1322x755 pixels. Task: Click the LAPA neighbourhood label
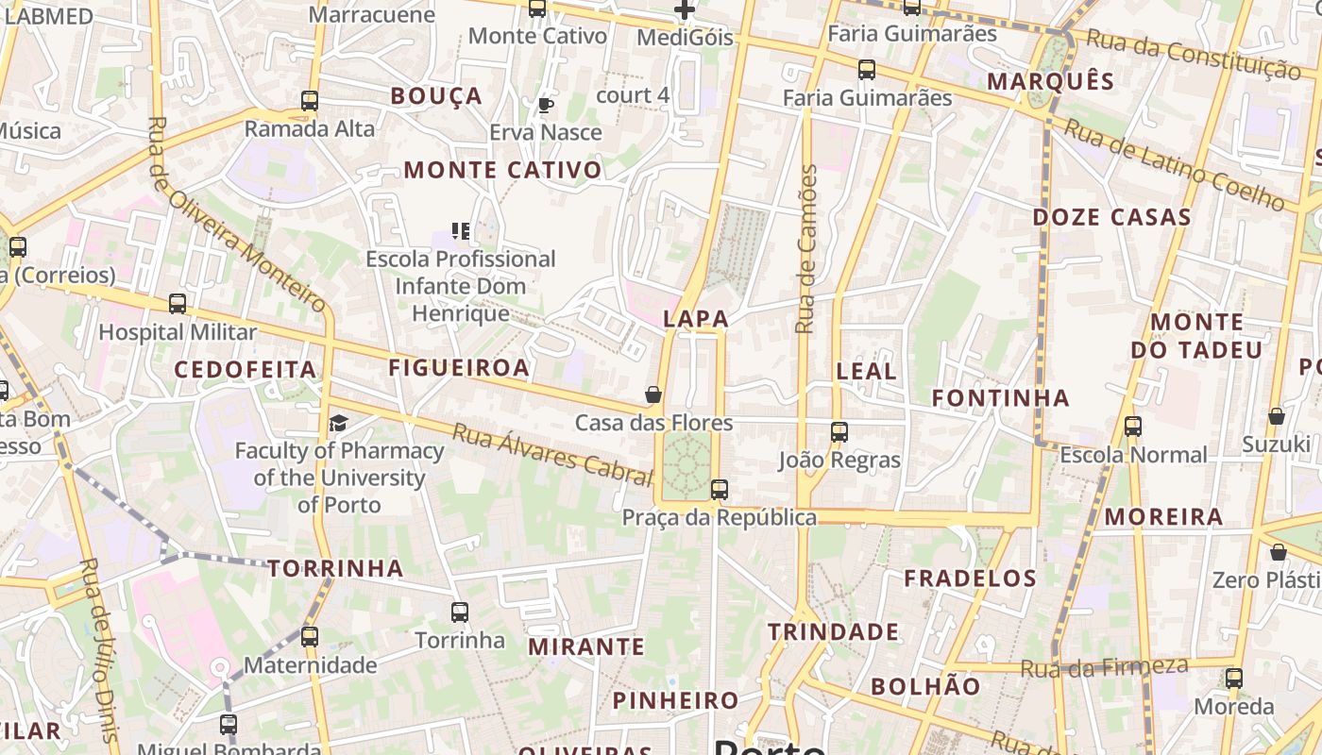coord(696,319)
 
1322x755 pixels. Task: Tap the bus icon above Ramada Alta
coord(310,101)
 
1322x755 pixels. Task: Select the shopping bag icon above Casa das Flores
coord(653,394)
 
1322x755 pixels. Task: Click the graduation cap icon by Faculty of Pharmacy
coord(338,423)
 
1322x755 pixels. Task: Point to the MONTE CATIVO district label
coord(502,171)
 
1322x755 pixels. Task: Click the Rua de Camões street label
coord(805,249)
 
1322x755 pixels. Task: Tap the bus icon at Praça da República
coord(720,490)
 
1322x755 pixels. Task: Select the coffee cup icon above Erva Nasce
coord(545,105)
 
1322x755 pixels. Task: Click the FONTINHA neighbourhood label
coord(1001,398)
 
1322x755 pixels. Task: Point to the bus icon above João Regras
coord(839,432)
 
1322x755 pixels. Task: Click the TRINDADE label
coord(833,631)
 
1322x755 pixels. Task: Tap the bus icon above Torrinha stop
coord(460,612)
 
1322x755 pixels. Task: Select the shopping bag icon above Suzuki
coord(1277,416)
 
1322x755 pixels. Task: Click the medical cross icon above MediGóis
coord(685,10)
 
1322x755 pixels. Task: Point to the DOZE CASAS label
coord(1111,218)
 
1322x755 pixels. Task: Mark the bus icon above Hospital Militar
coord(178,304)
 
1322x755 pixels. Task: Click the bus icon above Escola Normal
coord(1133,427)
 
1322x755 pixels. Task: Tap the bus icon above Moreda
coord(1234,678)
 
